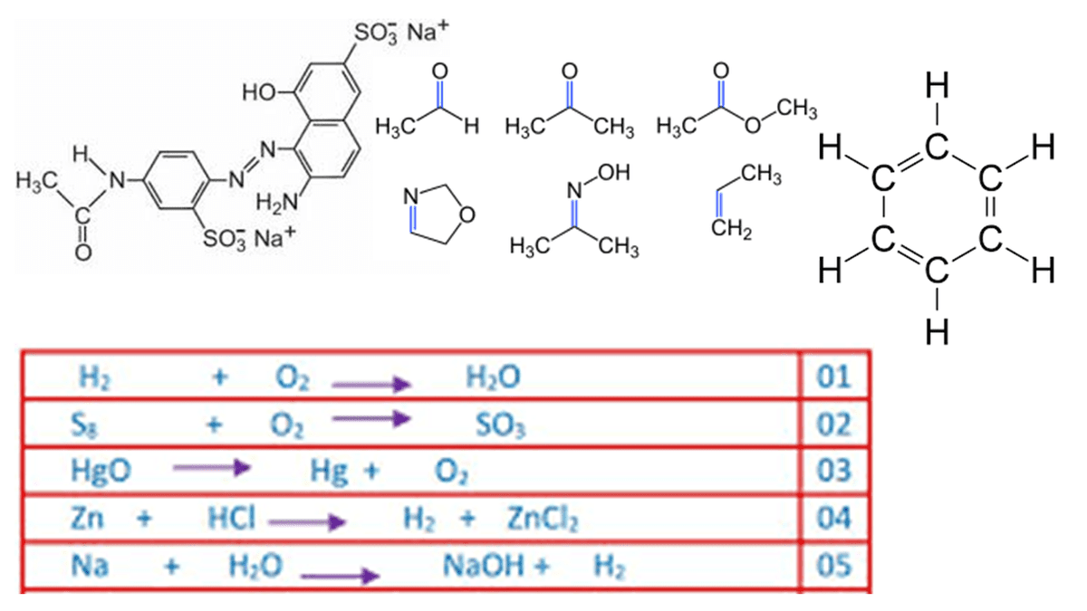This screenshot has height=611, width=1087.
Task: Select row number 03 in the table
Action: tap(834, 471)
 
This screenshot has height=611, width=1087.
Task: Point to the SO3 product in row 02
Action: tap(500, 425)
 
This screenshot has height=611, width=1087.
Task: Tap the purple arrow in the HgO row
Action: tap(210, 468)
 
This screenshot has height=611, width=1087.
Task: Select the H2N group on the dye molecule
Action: tap(278, 201)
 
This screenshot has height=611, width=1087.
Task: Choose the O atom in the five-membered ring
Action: tap(467, 216)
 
